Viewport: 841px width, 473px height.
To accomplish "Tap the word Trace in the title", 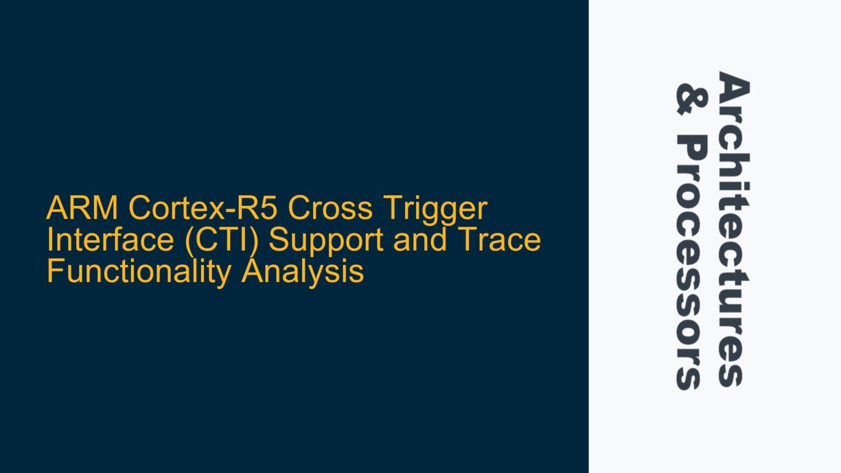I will tap(499, 240).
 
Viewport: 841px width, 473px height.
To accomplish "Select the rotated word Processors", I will tap(692, 262).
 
